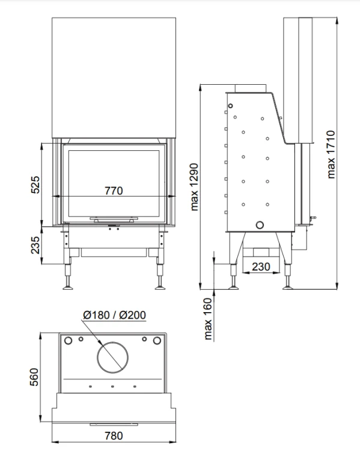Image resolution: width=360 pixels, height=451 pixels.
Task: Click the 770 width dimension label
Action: pyautogui.click(x=114, y=191)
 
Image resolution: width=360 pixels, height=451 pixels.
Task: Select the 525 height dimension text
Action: pyautogui.click(x=35, y=185)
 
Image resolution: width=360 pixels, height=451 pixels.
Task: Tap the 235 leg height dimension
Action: pyautogui.click(x=35, y=245)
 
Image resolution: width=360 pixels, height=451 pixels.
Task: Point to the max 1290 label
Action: pyautogui.click(x=194, y=186)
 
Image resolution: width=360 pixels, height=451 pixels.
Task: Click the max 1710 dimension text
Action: pyautogui.click(x=331, y=155)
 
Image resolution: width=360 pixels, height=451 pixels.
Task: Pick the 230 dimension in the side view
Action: pyautogui.click(x=261, y=266)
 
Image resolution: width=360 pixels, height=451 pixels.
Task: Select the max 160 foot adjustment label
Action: pyautogui.click(x=207, y=319)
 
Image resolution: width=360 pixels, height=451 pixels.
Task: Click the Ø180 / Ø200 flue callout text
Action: pyautogui.click(x=114, y=315)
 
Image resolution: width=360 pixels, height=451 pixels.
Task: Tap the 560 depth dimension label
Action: pyautogui.click(x=34, y=377)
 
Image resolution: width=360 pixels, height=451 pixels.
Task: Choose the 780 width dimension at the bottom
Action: pyautogui.click(x=114, y=436)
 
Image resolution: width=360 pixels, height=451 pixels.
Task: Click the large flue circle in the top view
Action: pyautogui.click(x=113, y=342)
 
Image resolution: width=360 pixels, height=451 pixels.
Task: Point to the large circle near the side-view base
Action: pyautogui.click(x=260, y=221)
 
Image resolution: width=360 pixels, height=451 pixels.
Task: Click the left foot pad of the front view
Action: pyautogui.click(x=68, y=287)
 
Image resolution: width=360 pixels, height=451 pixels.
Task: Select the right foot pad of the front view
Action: pyautogui.click(x=160, y=287)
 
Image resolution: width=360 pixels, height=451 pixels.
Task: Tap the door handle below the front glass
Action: pyautogui.click(x=114, y=219)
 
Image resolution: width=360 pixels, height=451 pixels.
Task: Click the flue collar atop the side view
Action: pyautogui.click(x=251, y=88)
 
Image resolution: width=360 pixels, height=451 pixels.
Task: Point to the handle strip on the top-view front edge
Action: pyautogui.click(x=114, y=425)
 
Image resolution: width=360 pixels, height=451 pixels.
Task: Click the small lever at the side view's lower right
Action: pyautogui.click(x=313, y=219)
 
